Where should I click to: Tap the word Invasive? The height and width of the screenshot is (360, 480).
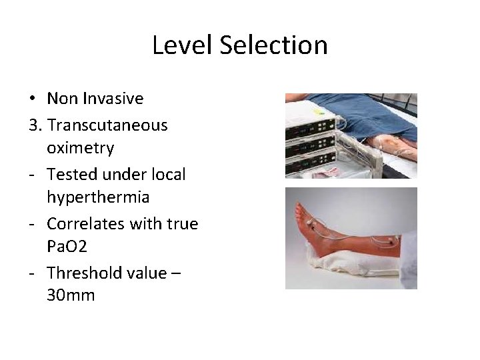(113, 99)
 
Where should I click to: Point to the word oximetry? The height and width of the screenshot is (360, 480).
(81, 147)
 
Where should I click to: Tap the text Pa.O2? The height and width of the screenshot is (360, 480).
(71, 247)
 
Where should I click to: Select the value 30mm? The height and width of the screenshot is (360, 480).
(71, 295)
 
